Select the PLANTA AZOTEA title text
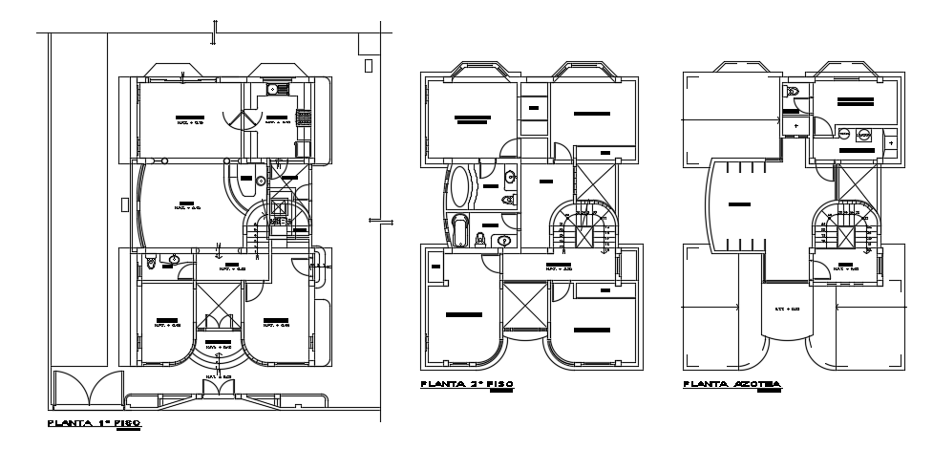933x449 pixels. tap(732, 384)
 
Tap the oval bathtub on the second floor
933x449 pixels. tap(460, 186)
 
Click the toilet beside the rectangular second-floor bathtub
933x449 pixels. tap(480, 239)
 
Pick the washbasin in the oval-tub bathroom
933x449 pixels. tap(510, 176)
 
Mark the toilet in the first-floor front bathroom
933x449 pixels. tap(152, 260)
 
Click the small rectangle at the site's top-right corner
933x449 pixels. tap(369, 65)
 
